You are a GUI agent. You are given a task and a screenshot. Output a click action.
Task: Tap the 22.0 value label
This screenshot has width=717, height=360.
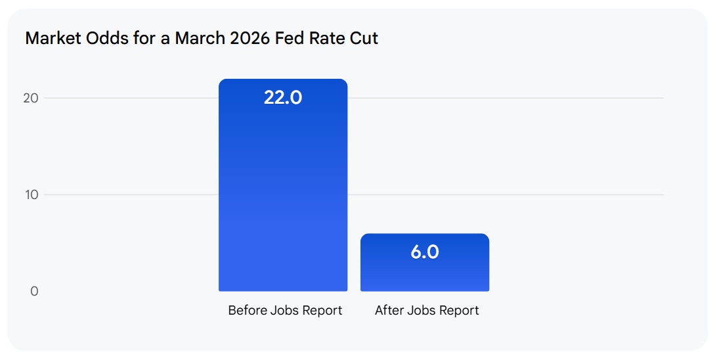click(283, 98)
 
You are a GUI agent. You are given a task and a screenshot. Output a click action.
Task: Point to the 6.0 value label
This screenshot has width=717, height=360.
click(425, 252)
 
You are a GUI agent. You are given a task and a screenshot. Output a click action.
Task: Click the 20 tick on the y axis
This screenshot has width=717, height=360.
click(31, 98)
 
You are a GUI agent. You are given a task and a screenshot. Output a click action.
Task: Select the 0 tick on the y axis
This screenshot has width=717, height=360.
click(34, 291)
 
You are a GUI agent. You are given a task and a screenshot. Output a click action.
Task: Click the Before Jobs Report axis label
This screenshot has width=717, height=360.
click(285, 310)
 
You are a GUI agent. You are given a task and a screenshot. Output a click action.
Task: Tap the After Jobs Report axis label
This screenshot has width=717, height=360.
click(427, 310)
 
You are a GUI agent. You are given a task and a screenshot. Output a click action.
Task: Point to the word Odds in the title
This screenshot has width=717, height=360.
click(104, 38)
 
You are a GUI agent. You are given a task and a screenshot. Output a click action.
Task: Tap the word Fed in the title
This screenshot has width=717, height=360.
click(286, 38)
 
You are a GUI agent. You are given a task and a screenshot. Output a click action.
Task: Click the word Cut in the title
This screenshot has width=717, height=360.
click(365, 38)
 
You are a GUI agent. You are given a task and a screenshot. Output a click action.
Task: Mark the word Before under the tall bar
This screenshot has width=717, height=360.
click(247, 310)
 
